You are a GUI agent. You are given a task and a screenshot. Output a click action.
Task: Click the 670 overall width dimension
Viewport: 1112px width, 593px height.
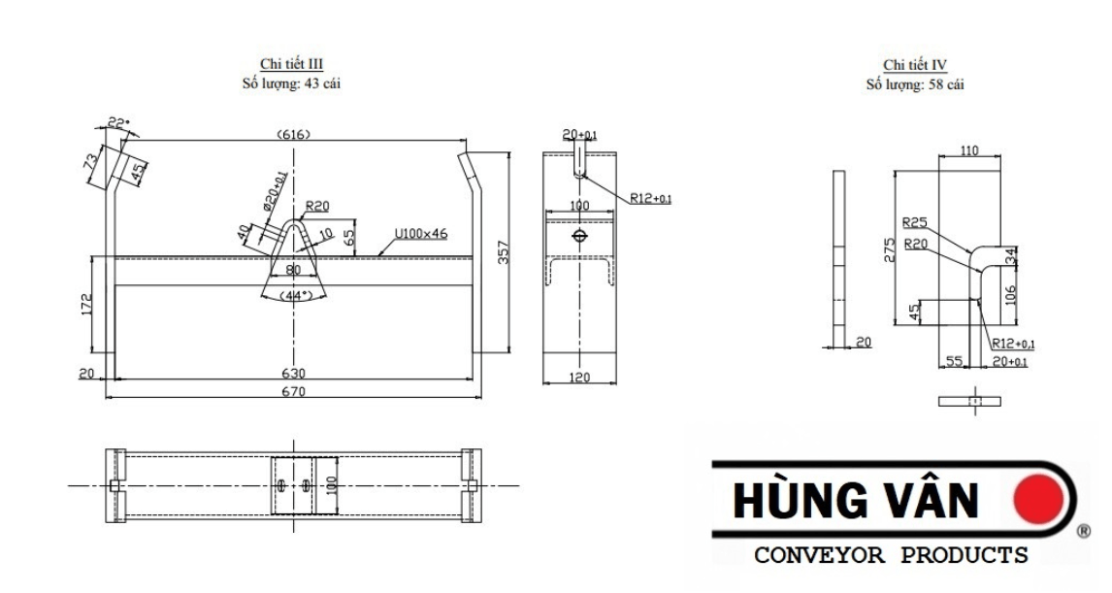293,392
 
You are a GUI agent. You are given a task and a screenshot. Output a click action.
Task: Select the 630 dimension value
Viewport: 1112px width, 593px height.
293,373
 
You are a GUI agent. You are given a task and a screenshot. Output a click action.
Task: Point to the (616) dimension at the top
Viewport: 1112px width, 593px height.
292,135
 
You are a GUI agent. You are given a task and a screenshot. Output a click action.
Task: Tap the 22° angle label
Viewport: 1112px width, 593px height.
116,123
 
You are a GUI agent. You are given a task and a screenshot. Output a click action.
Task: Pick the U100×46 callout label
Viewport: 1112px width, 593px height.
419,234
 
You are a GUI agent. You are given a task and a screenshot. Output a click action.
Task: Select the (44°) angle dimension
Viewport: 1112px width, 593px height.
293,294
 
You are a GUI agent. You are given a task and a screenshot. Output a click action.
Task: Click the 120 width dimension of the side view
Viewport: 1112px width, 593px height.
579,378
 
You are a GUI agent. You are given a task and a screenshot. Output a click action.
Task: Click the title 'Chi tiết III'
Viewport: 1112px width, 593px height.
292,65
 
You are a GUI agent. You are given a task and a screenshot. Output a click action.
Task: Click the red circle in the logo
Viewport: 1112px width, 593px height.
1038,500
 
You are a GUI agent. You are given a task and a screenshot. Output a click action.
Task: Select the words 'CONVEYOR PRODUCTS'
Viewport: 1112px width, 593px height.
891,556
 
